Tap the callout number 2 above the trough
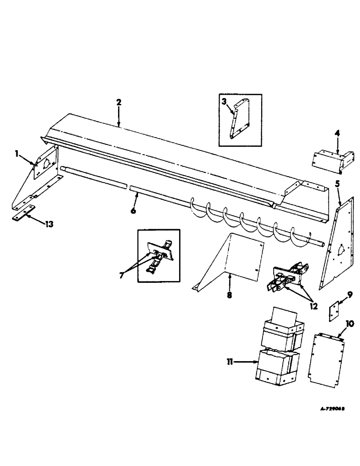pyautogui.click(x=119, y=102)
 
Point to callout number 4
pyautogui.click(x=337, y=134)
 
